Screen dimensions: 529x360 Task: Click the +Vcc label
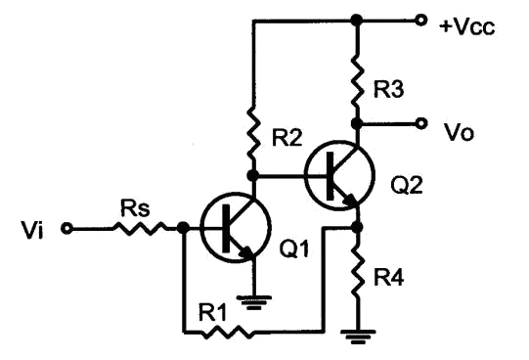pyautogui.click(x=467, y=27)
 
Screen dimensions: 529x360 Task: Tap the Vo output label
pyautogui.click(x=460, y=132)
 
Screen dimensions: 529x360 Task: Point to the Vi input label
pyautogui.click(x=32, y=230)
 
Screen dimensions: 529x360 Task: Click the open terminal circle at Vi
pyautogui.click(x=66, y=229)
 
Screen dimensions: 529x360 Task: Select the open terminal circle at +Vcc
pyautogui.click(x=420, y=21)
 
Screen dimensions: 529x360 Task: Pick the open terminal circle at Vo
pyautogui.click(x=420, y=123)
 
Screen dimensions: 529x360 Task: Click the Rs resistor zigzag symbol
pyautogui.click(x=140, y=228)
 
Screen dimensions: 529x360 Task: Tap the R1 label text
pyautogui.click(x=212, y=313)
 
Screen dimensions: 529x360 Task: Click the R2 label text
pyautogui.click(x=287, y=138)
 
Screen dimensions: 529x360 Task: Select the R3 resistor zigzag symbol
pyautogui.click(x=357, y=82)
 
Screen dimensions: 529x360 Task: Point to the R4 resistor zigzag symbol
pyautogui.click(x=357, y=273)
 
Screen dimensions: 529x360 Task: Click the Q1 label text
pyautogui.click(x=294, y=249)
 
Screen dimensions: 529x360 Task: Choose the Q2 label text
pyautogui.click(x=407, y=185)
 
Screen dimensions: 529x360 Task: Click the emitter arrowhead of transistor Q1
pyautogui.click(x=247, y=253)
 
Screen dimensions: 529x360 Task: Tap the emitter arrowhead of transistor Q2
pyautogui.click(x=351, y=201)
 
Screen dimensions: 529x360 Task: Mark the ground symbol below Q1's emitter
pyautogui.click(x=254, y=302)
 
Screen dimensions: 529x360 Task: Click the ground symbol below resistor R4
pyautogui.click(x=358, y=337)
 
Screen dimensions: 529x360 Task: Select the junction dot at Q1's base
pyautogui.click(x=183, y=228)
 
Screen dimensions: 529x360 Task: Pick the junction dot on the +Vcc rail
pyautogui.click(x=357, y=21)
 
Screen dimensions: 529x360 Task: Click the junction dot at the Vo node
pyautogui.click(x=357, y=123)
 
